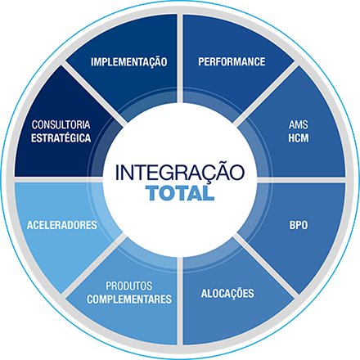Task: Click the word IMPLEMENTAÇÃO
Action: pyautogui.click(x=129, y=61)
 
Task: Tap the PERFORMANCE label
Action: pyautogui.click(x=232, y=61)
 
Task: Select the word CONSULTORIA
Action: pyautogui.click(x=61, y=124)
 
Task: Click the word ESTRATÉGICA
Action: pyautogui.click(x=61, y=137)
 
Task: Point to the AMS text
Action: pyautogui.click(x=299, y=124)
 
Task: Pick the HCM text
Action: pyautogui.click(x=299, y=138)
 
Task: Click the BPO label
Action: pyautogui.click(x=299, y=225)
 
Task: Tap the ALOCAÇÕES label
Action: pyautogui.click(x=227, y=293)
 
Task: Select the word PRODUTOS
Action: pyautogui.click(x=129, y=286)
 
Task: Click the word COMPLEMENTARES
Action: pyautogui.click(x=129, y=299)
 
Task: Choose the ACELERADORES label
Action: pyautogui.click(x=62, y=225)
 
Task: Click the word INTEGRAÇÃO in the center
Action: pyautogui.click(x=180, y=171)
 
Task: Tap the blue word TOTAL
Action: pyautogui.click(x=180, y=193)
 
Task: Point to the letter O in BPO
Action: pyautogui.click(x=304, y=225)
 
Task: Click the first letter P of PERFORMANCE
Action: pyautogui.click(x=201, y=61)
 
